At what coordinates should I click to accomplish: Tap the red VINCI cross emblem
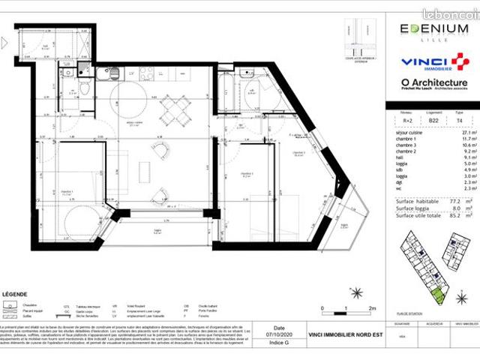pyautogui.click(x=458, y=61)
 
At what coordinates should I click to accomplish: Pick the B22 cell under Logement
pyautogui.click(x=433, y=119)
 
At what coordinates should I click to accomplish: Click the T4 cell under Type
pyautogui.click(x=460, y=119)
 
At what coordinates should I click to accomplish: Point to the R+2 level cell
pyautogui.click(x=406, y=119)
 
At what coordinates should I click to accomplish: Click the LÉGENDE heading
pyautogui.click(x=16, y=295)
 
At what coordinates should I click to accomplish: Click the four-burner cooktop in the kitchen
pyautogui.click(x=143, y=73)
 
